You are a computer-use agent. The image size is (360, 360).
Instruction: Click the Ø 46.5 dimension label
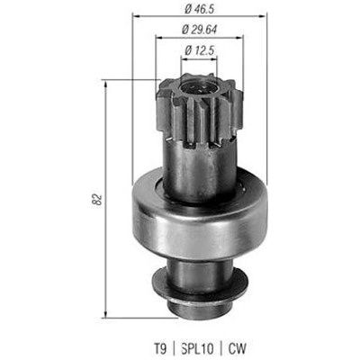click(199, 9)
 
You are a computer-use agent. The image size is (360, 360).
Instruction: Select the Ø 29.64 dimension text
click(199, 30)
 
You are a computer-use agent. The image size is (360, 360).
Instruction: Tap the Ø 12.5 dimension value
click(199, 50)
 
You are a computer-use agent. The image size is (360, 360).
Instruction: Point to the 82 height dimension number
click(96, 200)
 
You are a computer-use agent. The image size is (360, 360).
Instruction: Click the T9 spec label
click(159, 349)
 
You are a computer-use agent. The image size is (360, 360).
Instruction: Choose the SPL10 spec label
click(197, 349)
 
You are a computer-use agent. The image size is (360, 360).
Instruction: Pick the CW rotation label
click(237, 349)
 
